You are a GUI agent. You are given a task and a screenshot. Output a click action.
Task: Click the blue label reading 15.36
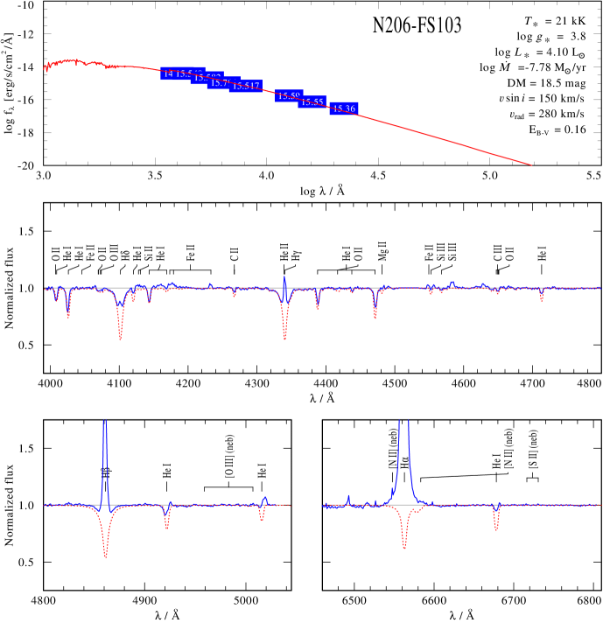344,108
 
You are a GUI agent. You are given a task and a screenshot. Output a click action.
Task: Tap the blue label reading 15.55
312,102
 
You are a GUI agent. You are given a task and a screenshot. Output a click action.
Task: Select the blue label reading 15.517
247,86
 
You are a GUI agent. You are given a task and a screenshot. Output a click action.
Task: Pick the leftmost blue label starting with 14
168,73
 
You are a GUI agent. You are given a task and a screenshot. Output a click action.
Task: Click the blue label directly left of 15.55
288,95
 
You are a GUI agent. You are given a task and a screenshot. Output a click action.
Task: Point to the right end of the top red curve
531,164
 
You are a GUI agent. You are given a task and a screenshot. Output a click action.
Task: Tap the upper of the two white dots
499,108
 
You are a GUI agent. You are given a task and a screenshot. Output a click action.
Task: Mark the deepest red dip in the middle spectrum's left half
120,337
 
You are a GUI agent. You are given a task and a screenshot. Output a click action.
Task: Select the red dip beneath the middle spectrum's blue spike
284,338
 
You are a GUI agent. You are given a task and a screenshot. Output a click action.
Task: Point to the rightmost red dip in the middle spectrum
542,300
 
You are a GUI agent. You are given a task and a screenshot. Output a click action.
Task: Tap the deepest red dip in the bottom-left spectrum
105,555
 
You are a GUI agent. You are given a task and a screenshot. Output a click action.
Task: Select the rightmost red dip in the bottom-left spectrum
262,519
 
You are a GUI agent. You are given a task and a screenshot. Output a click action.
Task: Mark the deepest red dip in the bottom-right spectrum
403,546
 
